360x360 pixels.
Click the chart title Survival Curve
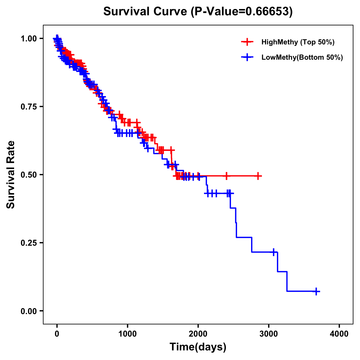tap(198, 11)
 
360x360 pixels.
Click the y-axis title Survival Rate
tap(11, 174)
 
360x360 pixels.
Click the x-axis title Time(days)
tap(198, 347)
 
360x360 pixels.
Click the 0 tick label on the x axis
tap(57, 334)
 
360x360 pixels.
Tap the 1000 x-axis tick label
tap(127, 334)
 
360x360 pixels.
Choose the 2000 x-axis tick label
tap(198, 334)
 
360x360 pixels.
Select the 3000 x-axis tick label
tap(269, 334)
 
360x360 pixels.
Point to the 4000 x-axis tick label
tap(339, 334)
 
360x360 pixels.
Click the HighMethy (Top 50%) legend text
tap(298, 42)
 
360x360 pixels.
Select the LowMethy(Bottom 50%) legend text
tap(302, 57)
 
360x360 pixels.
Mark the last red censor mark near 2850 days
tap(258, 176)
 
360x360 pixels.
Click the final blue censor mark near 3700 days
tap(316, 291)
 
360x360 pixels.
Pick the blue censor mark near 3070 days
tap(274, 252)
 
